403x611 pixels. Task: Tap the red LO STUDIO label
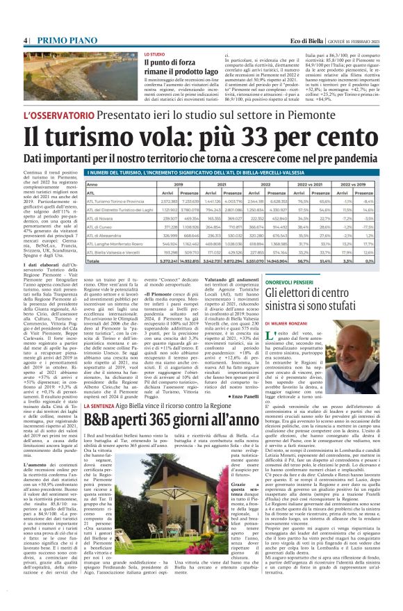[x=154, y=54]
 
